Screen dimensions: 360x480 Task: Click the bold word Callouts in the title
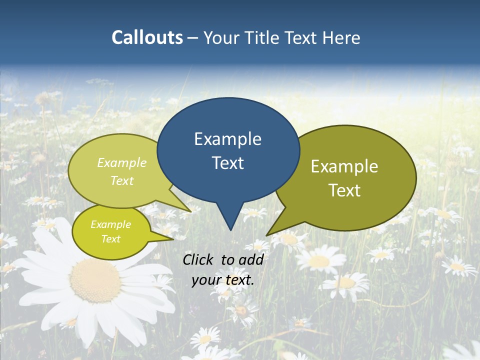[147, 37]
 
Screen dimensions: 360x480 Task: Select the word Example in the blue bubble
[227, 139]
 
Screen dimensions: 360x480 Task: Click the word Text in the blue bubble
[227, 163]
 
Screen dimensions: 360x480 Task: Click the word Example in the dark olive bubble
[344, 166]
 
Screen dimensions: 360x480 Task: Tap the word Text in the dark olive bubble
[344, 190]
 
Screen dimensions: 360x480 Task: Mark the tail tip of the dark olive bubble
[267, 235]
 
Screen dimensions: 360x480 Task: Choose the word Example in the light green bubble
[122, 162]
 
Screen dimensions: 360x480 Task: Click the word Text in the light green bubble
[122, 180]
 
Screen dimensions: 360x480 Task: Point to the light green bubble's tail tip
[191, 212]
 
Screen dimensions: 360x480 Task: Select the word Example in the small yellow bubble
[110, 224]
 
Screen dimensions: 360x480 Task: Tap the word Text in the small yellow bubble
[110, 239]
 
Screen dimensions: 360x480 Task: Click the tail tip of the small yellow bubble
[173, 239]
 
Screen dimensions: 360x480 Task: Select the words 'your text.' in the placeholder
[223, 280]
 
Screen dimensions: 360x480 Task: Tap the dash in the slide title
[193, 37]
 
